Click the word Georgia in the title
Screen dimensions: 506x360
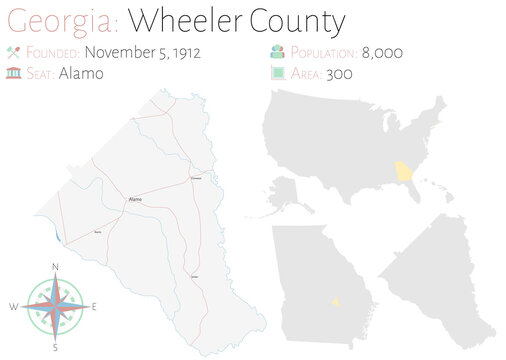pos(59,20)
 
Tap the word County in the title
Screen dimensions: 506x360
pos(299,20)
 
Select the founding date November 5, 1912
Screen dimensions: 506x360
pos(143,52)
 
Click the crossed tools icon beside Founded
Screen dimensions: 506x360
pos(14,52)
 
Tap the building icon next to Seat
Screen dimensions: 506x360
pos(14,73)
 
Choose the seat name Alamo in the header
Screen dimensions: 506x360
pos(79,73)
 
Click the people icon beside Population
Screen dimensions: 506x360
pos(275,52)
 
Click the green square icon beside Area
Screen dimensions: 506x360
pos(275,73)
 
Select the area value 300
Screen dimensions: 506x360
pos(349,73)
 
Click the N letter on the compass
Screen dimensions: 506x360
pos(55,266)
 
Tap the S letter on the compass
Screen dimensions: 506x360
pos(55,347)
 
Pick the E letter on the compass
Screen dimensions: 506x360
pos(95,306)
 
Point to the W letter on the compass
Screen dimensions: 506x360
pos(14,306)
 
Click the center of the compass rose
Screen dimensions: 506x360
pos(55,306)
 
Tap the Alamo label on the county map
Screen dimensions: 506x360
pos(134,200)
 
